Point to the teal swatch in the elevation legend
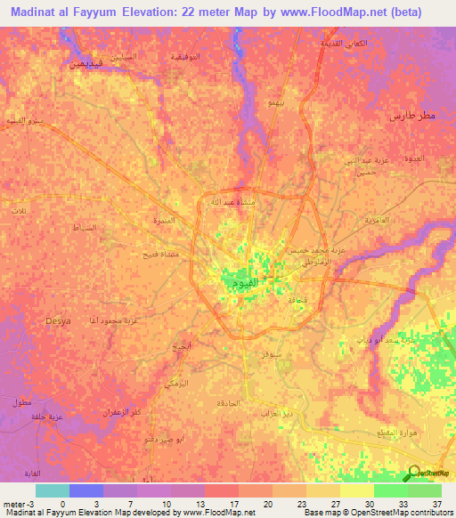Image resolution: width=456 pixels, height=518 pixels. [53, 490]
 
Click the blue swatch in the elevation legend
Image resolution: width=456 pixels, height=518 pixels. [85, 490]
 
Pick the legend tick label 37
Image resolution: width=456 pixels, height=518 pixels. [436, 503]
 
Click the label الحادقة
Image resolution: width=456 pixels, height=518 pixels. [227, 404]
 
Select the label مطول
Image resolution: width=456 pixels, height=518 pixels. [21, 402]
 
